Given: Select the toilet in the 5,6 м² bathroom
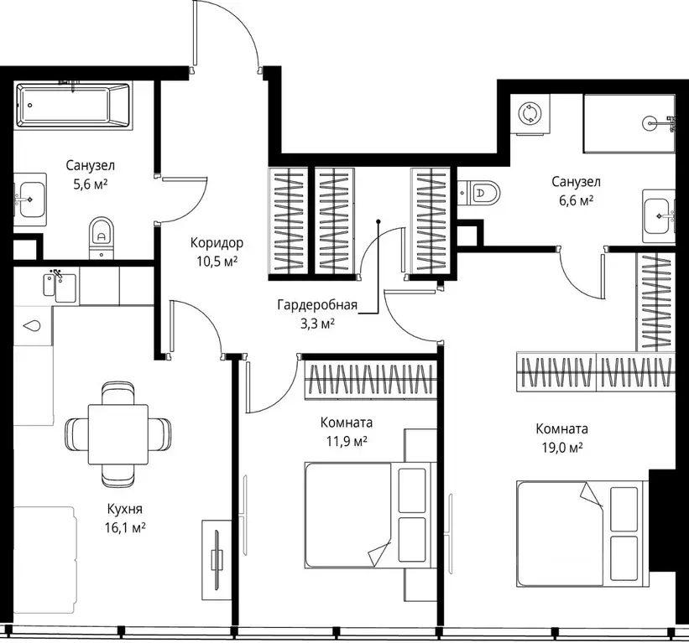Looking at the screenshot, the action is pyautogui.click(x=102, y=237).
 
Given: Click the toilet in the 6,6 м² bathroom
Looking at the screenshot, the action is pyautogui.click(x=478, y=192).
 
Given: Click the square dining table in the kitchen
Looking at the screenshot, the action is pyautogui.click(x=118, y=434).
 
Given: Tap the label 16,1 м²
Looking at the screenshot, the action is pyautogui.click(x=125, y=527).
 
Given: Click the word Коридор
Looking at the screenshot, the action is pyautogui.click(x=217, y=243).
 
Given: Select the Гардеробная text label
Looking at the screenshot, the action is pyautogui.click(x=317, y=304).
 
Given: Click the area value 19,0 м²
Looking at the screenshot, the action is pyautogui.click(x=562, y=447).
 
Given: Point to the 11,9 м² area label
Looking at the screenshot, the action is pyautogui.click(x=347, y=441).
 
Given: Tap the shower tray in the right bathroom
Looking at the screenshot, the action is pyautogui.click(x=629, y=124).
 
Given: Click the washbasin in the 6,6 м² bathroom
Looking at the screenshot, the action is pyautogui.click(x=659, y=216).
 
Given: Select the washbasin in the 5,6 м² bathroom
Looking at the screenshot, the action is pyautogui.click(x=30, y=200).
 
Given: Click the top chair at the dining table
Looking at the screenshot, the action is pyautogui.click(x=117, y=393).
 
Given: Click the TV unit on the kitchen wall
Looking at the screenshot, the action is pyautogui.click(x=217, y=560).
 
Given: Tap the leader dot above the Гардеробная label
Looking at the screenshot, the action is pyautogui.click(x=378, y=222).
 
